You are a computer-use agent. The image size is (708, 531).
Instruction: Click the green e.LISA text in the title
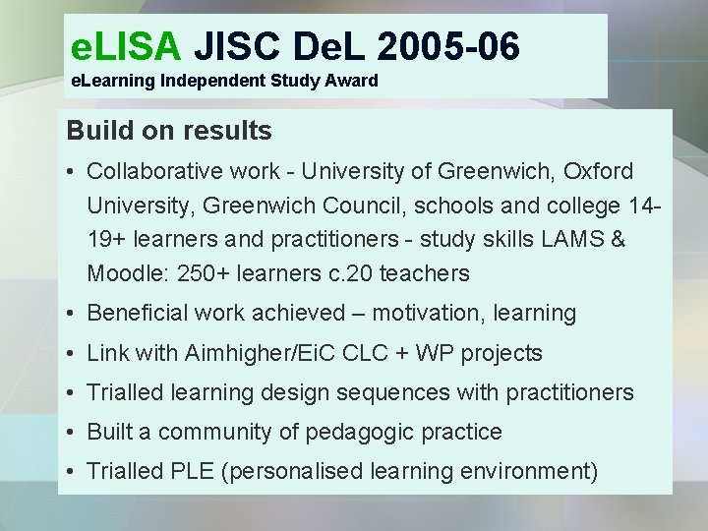[x=127, y=44]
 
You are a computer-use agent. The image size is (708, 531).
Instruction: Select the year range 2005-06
[x=447, y=44]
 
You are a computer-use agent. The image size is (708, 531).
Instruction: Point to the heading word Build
[x=98, y=130]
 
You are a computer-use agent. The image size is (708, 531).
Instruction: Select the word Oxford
[x=598, y=171]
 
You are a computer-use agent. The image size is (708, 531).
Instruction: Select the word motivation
[x=427, y=314]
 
